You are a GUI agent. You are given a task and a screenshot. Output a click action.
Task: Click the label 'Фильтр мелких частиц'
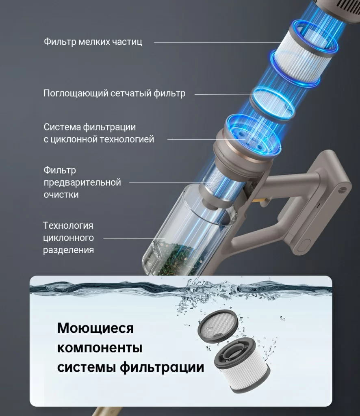(x=93, y=42)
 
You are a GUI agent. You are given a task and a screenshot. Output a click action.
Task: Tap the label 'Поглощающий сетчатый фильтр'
(x=114, y=93)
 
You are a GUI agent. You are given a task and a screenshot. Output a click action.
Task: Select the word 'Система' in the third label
(x=62, y=127)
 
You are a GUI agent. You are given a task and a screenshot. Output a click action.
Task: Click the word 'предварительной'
(x=82, y=182)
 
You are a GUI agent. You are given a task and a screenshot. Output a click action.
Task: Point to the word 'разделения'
(x=68, y=250)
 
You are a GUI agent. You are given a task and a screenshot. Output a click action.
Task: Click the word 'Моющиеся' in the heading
(x=95, y=328)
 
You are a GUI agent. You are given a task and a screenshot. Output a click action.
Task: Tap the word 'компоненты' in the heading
(x=100, y=348)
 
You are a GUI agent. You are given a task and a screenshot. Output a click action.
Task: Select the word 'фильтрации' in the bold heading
(x=162, y=367)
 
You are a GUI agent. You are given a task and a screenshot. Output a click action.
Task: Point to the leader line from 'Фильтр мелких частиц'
(x=217, y=42)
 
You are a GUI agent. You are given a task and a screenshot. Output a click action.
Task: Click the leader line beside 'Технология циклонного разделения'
(x=134, y=238)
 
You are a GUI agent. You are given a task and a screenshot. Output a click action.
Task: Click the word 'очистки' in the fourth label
(x=61, y=195)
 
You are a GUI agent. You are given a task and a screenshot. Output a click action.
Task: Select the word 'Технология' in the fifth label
(x=68, y=225)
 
